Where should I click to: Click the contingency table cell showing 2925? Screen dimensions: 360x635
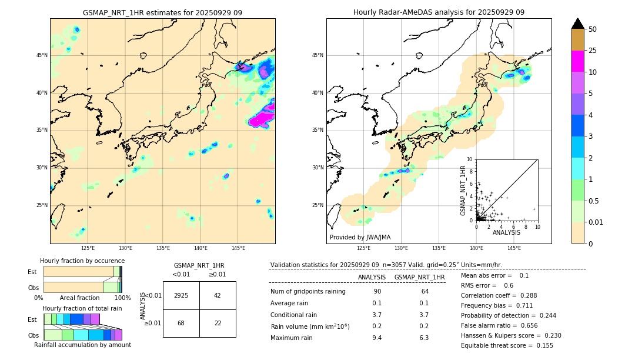point(181,295)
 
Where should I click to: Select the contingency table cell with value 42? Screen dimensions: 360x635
point(218,295)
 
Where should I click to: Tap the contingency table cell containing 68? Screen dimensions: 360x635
point(181,323)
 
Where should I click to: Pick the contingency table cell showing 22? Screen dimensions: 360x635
point(218,323)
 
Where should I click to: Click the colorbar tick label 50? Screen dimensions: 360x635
point(593,29)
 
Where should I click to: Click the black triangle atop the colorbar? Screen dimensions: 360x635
point(578,24)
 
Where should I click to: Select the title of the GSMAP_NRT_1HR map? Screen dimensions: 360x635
point(162,13)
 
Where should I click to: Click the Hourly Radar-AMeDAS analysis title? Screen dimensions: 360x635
point(439,12)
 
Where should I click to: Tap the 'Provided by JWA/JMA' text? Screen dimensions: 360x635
point(360,237)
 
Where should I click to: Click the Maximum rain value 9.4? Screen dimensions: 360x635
point(377,338)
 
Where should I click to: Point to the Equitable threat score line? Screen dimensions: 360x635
point(507,345)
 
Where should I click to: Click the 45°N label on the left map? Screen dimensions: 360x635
point(42,55)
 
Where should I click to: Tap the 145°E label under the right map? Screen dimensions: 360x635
point(514,248)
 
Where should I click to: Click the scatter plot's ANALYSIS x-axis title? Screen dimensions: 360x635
point(506,232)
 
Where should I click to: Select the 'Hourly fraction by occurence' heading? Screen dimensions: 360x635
point(82,261)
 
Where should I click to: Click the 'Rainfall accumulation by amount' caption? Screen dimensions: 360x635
point(82,345)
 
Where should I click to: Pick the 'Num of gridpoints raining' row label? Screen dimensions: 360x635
point(308,291)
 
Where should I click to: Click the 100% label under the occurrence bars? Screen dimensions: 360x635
point(122,298)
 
